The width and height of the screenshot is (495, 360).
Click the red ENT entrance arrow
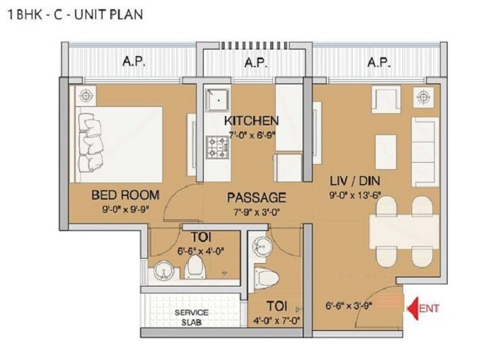point(414,307)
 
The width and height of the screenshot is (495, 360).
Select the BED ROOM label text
point(124,194)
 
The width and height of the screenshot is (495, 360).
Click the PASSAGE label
point(256,197)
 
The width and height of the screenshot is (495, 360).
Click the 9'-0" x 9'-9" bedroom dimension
point(124,209)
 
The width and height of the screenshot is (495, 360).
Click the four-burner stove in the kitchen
point(216,146)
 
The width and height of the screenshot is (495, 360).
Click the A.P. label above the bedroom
point(134,63)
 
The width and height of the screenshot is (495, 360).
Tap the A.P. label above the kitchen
point(255,63)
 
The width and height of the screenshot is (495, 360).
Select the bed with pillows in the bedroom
point(117,140)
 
